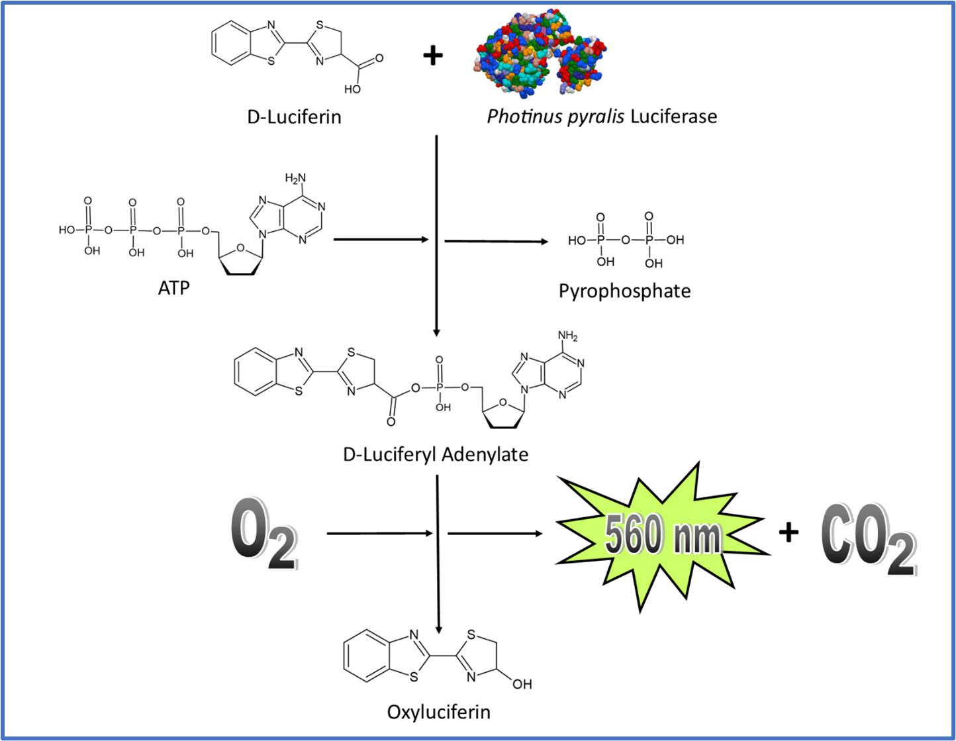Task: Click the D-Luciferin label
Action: coord(294,117)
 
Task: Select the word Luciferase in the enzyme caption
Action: coord(673,117)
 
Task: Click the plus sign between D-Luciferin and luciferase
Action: coord(433,56)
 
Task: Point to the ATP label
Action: coord(174,288)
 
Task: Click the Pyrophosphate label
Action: coord(624,291)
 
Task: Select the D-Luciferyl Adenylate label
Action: coord(436,455)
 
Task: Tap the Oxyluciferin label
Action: coord(439,712)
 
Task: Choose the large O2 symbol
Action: coord(263,534)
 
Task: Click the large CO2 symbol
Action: coord(868,538)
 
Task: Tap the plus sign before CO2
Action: coord(788,532)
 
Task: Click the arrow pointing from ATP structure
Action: coord(381,239)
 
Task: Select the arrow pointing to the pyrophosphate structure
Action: coord(496,241)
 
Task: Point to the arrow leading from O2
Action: coord(379,533)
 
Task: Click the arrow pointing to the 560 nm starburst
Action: coord(495,533)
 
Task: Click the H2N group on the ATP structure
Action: coord(295,178)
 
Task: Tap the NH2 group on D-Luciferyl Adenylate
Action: coord(568,336)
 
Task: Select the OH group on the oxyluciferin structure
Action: coord(522,684)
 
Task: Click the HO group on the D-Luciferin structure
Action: coord(352,89)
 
